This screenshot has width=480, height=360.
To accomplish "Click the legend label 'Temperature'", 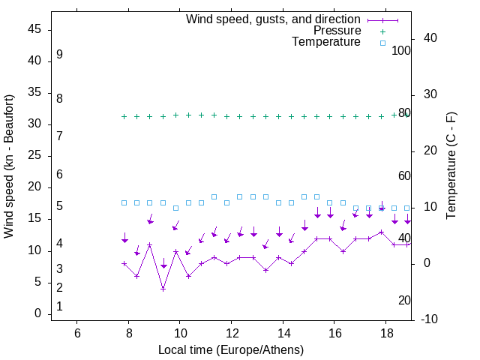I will (x=326, y=42).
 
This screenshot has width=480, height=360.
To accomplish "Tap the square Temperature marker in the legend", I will (x=382, y=43).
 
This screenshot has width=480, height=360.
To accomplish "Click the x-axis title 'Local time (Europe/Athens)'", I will (x=231, y=350).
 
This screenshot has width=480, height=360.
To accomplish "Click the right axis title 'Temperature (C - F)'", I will (x=451, y=166).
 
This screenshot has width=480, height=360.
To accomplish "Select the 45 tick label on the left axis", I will (x=35, y=29).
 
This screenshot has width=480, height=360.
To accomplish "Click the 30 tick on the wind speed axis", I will (x=35, y=124).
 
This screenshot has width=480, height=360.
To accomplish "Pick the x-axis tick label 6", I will (x=77, y=333).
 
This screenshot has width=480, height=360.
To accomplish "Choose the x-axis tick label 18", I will (x=385, y=333).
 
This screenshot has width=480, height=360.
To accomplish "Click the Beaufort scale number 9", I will (x=59, y=55).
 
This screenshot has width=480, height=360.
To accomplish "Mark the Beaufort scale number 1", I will (x=59, y=307).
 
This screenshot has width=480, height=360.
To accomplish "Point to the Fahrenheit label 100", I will (x=401, y=50).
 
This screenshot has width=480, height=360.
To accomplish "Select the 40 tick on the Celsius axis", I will (x=430, y=38).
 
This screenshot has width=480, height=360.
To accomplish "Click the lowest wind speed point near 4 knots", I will (x=163, y=289).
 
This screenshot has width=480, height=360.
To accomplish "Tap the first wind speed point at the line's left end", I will (x=124, y=263).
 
